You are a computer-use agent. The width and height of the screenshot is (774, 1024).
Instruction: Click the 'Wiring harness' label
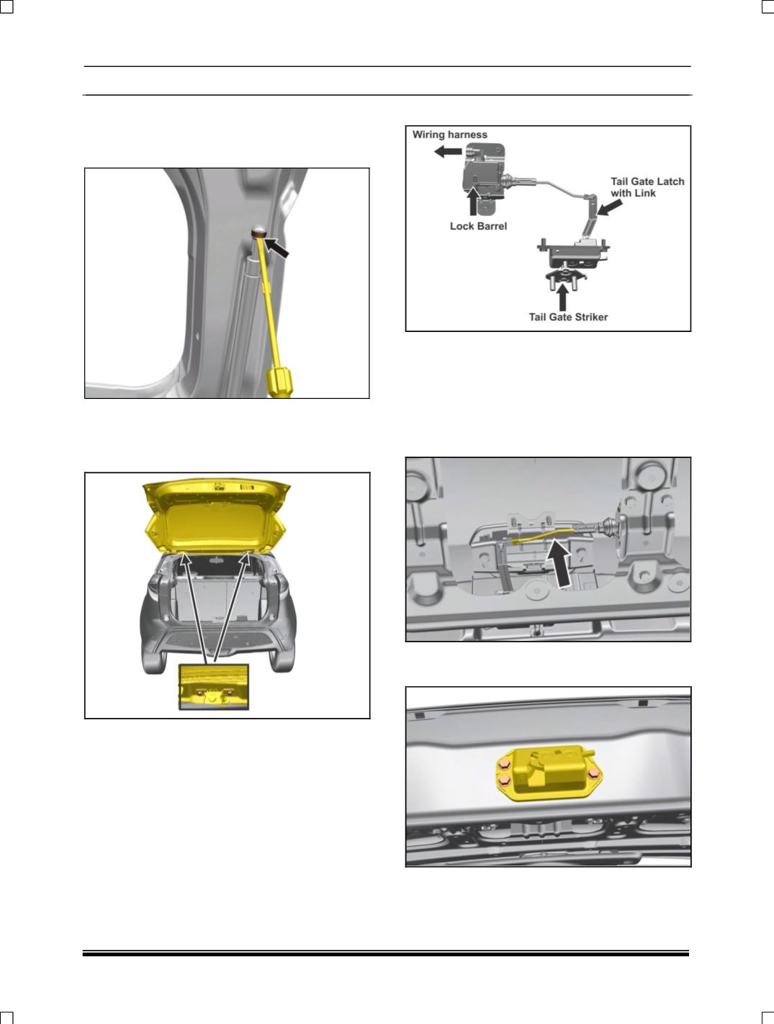449,135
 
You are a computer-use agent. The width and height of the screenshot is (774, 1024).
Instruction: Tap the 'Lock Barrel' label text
478,226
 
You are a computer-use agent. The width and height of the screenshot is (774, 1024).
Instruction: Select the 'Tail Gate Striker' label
568,318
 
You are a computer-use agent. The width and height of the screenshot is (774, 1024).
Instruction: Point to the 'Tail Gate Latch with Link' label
647,187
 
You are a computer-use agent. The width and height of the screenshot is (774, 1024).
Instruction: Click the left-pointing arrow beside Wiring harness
448,151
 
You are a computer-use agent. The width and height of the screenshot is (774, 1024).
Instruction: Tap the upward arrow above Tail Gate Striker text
563,297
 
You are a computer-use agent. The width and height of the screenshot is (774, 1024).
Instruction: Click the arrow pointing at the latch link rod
609,207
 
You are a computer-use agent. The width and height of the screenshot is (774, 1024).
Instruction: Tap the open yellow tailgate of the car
216,516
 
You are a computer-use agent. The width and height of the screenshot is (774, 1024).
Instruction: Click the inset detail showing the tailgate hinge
214,687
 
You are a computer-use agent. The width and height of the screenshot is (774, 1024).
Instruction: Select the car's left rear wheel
153,658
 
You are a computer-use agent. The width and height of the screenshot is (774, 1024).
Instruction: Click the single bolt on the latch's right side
593,773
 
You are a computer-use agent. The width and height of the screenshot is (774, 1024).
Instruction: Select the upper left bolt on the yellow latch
503,765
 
